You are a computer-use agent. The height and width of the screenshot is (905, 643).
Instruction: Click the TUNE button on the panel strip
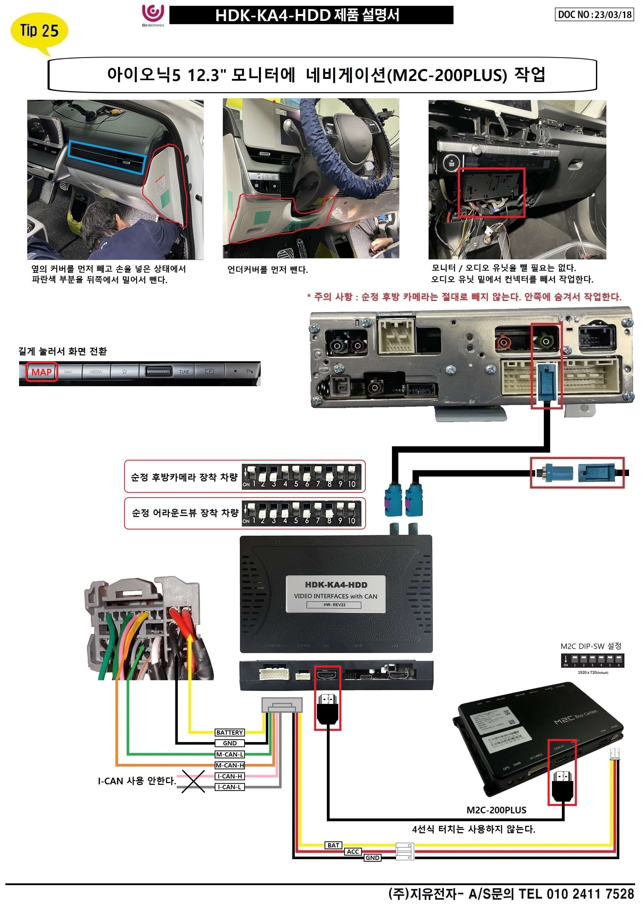(184, 372)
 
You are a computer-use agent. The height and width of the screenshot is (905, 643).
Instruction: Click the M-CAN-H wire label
(230, 765)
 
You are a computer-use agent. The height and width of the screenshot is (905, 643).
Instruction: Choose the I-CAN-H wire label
(230, 776)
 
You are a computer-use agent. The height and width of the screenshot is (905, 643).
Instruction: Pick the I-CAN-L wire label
(230, 787)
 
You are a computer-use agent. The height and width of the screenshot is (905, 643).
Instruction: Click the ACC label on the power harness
(353, 852)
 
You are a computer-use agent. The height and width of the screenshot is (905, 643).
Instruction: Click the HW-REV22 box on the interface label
(334, 605)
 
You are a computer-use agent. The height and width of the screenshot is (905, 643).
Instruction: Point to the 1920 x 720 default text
(593, 672)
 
